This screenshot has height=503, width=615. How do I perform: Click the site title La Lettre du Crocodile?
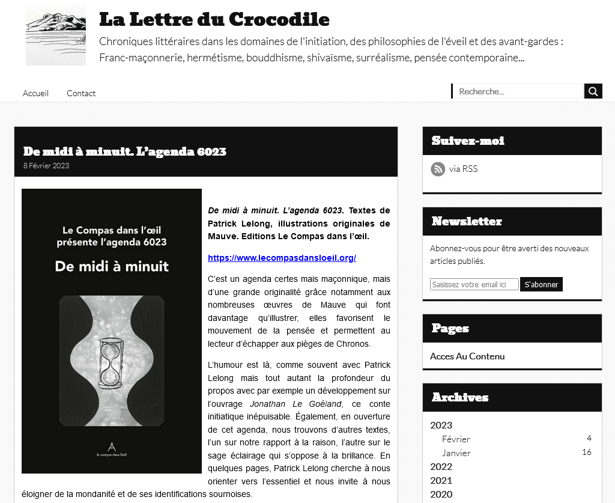tap(214, 19)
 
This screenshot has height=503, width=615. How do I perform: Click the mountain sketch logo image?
tap(55, 35)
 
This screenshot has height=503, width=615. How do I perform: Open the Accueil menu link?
tap(35, 93)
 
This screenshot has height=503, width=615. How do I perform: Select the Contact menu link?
tap(81, 93)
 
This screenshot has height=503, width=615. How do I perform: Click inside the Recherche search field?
tap(518, 91)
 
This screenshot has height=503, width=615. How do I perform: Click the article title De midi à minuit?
tap(124, 151)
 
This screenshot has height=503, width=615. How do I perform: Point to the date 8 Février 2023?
tap(46, 166)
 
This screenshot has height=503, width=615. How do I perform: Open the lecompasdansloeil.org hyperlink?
tap(282, 258)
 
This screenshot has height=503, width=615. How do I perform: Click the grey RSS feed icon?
tap(438, 169)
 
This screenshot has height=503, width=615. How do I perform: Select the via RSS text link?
tap(463, 169)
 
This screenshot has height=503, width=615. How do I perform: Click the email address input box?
tap(474, 284)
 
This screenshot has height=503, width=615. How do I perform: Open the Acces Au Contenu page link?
tap(467, 356)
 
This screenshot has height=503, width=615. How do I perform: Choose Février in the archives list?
tap(456, 439)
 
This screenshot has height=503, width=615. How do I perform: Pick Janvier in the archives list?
tap(456, 453)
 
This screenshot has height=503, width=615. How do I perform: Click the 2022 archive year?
tap(441, 466)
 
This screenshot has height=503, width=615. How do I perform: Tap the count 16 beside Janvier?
tap(586, 453)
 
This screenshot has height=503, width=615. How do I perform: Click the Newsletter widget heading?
tap(467, 221)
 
